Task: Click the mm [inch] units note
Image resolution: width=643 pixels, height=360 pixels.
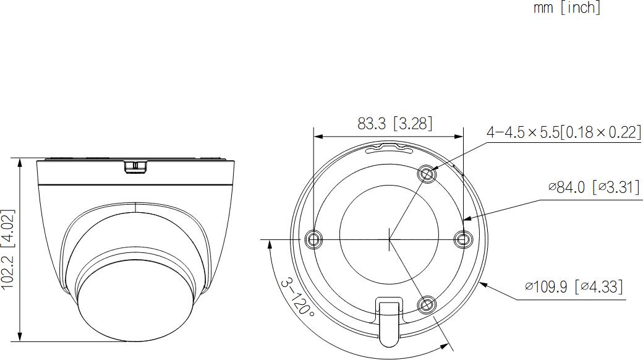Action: pos(567,8)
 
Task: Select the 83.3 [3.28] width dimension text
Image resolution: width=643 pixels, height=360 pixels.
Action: pos(394,123)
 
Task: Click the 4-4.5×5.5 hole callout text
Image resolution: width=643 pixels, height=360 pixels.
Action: pos(563,132)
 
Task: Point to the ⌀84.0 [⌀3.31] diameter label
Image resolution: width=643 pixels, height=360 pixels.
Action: pos(594,187)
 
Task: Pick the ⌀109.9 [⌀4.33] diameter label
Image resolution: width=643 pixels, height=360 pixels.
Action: pos(573,286)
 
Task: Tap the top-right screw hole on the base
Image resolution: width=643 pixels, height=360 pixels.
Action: pos(427,174)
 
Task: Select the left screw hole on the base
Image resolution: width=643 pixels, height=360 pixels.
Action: pos(314,239)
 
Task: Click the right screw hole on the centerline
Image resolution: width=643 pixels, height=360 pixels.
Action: pos(462,239)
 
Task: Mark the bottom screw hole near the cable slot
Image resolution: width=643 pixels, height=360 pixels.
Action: pos(426,304)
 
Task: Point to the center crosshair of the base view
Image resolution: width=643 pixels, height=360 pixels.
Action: pos(389,239)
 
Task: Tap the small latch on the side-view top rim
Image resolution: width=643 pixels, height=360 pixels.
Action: pos(135,166)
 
